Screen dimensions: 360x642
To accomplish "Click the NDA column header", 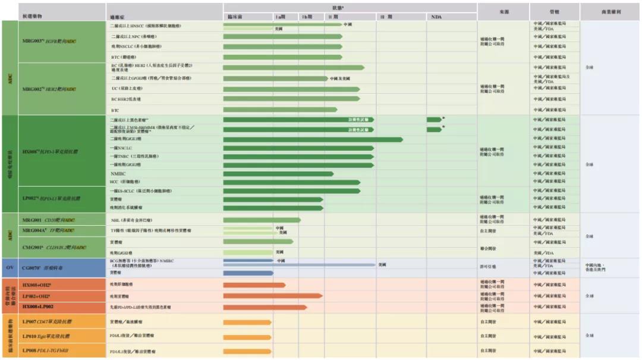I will pos(436,17).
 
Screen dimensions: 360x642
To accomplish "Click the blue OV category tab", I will pos(10,267).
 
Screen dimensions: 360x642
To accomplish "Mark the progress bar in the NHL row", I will pos(262,220).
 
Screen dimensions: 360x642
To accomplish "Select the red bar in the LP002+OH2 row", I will pos(273,295).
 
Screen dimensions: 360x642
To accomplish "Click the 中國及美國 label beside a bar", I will pos(339,78).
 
